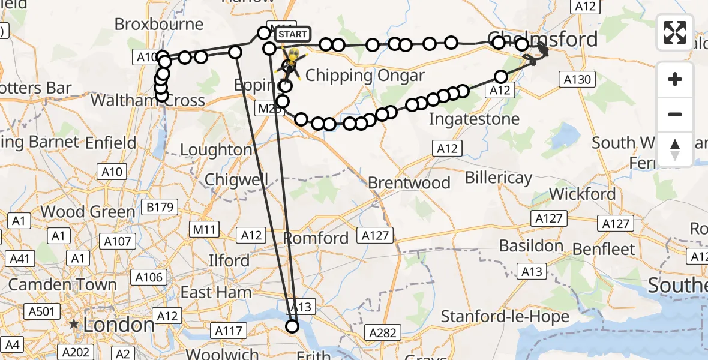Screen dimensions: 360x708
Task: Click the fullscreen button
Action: coord(675,32)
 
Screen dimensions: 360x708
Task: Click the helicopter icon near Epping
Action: coord(292,62)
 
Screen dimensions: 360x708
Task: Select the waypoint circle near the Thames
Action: coord(292,326)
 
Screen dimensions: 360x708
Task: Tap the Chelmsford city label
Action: coord(543,40)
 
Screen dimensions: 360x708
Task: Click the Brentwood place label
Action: coord(409,182)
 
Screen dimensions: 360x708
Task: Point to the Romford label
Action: coord(316,238)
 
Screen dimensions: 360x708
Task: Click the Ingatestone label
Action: coord(474,119)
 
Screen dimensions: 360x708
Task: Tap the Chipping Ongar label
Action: coord(365,76)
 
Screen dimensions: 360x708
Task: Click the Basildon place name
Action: coord(531,246)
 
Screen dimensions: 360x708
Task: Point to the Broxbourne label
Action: coord(159,25)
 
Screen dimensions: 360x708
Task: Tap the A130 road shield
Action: coord(577,79)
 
